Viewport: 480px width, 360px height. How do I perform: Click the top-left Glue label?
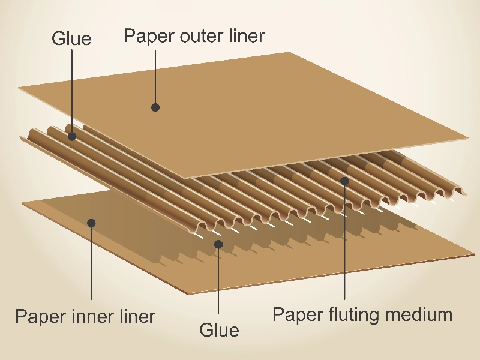coord(71,39)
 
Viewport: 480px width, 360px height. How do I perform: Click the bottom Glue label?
coord(219,330)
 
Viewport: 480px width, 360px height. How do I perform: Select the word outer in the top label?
coord(199,36)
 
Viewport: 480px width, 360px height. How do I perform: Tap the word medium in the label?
coord(421,314)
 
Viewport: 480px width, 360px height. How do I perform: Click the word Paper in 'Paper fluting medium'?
coord(295,314)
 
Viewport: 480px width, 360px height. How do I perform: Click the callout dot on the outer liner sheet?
coord(155,107)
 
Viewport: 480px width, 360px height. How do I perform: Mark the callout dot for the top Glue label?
coord(72,136)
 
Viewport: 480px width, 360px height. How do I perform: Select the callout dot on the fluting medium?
coord(344,180)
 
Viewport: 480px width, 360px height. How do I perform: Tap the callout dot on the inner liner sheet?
coord(91,223)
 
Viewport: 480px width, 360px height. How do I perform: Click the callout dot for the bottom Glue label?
coord(218,244)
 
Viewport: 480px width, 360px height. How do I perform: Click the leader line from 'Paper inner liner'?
coord(91,264)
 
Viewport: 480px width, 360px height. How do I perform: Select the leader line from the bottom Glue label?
coord(218,282)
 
